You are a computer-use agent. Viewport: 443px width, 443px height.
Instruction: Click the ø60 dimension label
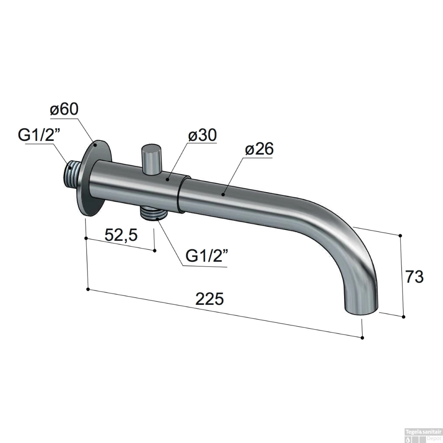click(64, 109)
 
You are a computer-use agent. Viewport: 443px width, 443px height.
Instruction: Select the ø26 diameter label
click(259, 149)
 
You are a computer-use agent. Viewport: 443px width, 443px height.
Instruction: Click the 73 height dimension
click(414, 277)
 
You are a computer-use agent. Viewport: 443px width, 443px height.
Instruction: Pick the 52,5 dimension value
click(121, 235)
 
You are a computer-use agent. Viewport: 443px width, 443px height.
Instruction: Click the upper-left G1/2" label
click(39, 136)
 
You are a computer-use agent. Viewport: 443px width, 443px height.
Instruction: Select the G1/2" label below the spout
click(207, 256)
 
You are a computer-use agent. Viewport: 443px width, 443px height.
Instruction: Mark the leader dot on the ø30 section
click(167, 179)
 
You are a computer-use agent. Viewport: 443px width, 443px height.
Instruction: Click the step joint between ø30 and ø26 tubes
click(179, 193)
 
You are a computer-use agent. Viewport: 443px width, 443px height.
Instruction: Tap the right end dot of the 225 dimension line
click(363, 338)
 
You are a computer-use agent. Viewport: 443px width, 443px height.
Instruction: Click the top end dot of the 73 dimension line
click(400, 235)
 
